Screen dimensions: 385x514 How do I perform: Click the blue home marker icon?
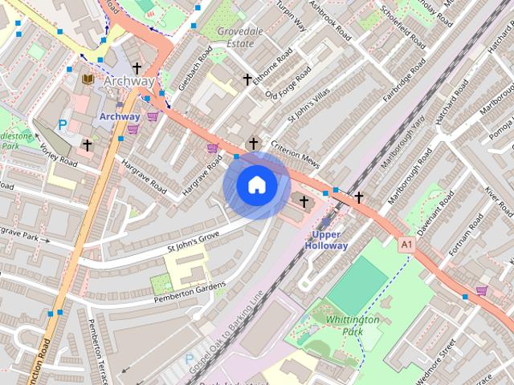point(257,185)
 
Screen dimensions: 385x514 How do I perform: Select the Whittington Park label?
point(353,325)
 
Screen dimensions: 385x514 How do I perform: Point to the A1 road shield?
point(406,241)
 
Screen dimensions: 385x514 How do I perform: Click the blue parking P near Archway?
point(63,125)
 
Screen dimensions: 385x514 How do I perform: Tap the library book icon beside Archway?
point(88,79)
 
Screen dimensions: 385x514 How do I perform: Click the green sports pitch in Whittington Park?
point(357,286)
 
